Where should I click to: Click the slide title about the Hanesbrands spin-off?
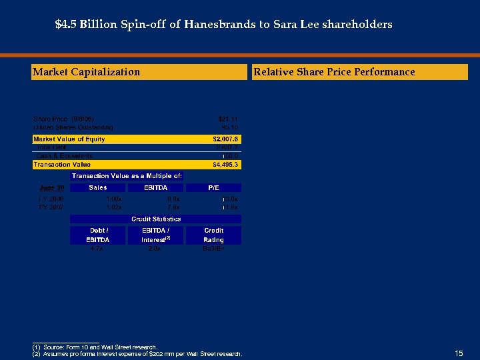pos(223,25)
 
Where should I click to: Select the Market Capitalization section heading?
pos(87,72)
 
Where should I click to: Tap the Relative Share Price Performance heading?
pos(333,72)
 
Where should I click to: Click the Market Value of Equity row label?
pos(69,139)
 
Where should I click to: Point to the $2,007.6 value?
pos(225,139)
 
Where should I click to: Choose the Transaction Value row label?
pos(62,164)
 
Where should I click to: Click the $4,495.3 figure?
pos(225,164)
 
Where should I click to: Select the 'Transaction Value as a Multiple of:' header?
pos(127,176)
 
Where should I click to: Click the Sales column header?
pos(98,188)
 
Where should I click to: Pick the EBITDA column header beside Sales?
pos(155,188)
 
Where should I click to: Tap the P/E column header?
pos(213,188)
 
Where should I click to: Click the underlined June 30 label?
pos(51,188)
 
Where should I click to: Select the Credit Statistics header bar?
pos(156,219)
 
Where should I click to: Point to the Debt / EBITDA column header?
pos(97,235)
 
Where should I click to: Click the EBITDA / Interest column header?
pos(156,235)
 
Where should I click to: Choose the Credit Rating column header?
pos(213,235)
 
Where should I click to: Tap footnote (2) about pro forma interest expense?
pos(137,353)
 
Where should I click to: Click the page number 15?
pos(458,353)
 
